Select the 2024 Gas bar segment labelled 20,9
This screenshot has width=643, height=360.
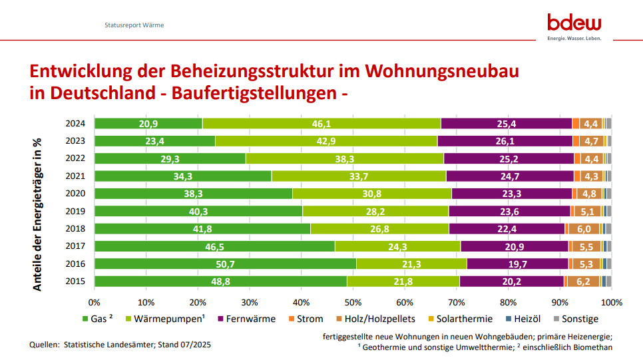point(148,124)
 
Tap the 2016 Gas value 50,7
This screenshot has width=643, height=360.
point(225,264)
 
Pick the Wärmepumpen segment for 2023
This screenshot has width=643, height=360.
point(325,141)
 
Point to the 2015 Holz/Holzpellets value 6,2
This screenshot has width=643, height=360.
point(583,281)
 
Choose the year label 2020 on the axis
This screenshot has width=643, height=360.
point(75,194)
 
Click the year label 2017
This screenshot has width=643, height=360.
point(75,246)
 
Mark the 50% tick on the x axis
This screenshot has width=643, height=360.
point(353,303)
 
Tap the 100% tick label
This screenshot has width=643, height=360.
point(610,303)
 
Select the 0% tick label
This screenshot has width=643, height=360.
point(95,303)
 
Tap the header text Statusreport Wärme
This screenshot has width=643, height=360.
point(134,25)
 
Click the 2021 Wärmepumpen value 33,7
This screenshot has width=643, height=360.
point(358,176)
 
